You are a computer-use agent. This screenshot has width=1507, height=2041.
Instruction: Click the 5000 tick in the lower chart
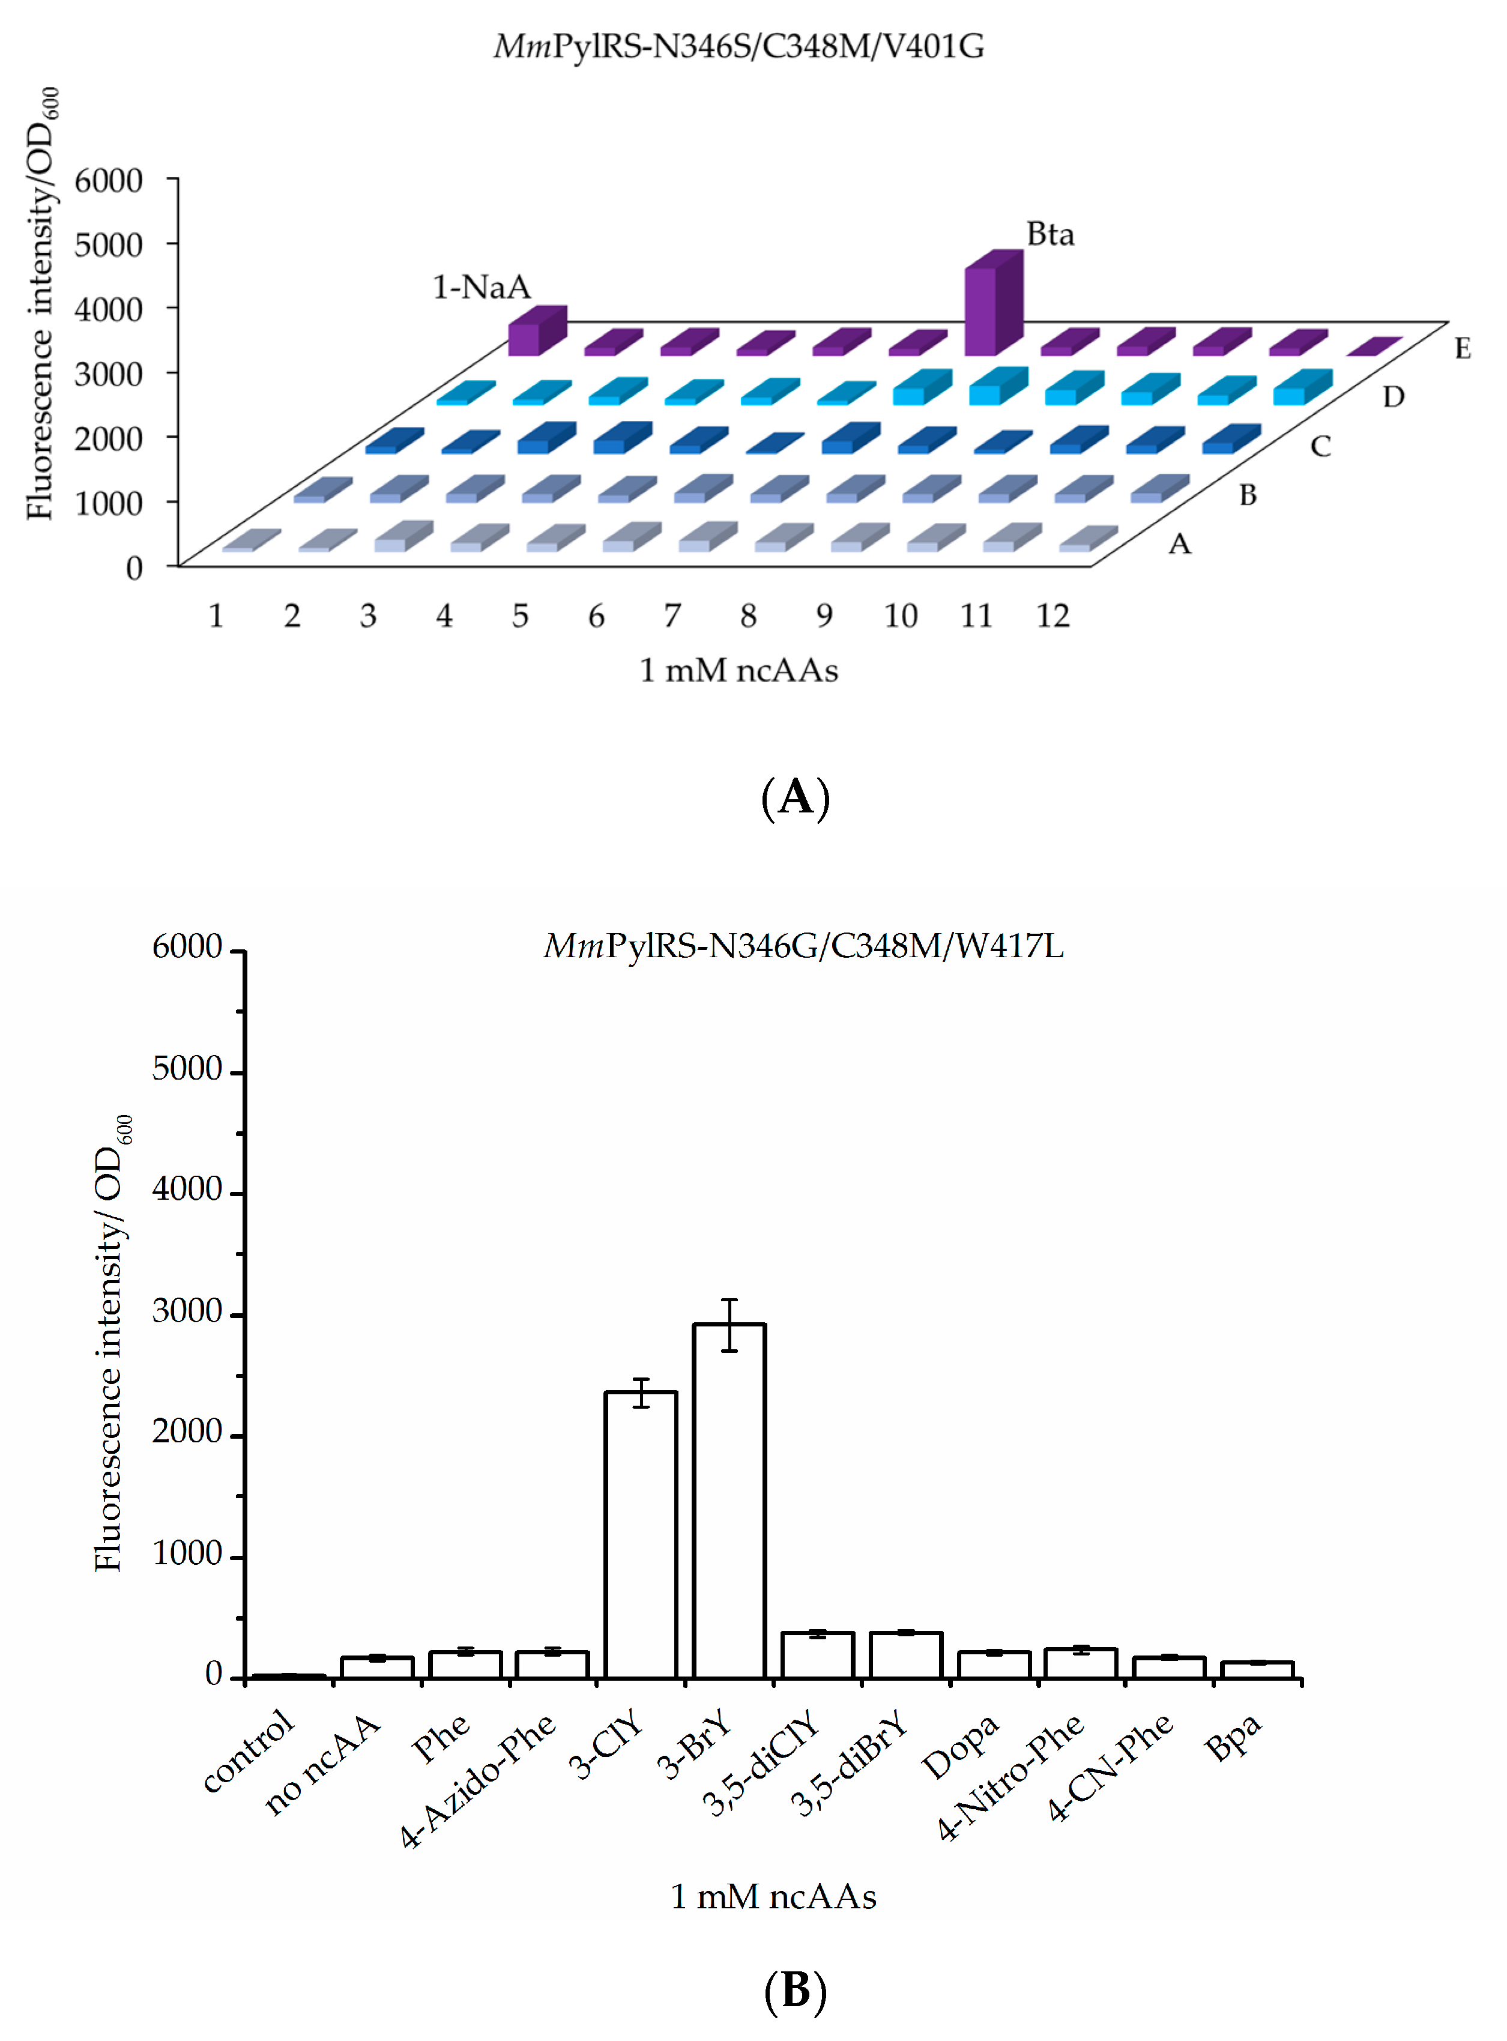187,1069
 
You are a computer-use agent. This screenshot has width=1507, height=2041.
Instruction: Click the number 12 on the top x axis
1052,617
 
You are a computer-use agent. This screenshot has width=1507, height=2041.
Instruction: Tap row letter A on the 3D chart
1180,544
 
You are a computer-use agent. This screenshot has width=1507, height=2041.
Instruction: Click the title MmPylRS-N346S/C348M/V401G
739,46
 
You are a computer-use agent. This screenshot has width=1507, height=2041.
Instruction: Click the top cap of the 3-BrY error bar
729,1300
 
